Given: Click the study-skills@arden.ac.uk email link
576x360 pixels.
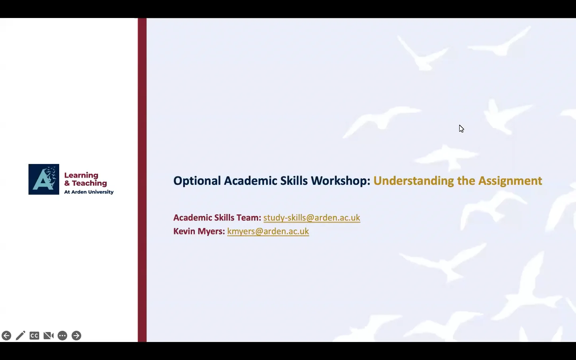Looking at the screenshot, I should [312, 218].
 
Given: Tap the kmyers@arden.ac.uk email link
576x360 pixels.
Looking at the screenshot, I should [268, 231].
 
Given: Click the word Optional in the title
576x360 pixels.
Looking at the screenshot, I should [197, 181].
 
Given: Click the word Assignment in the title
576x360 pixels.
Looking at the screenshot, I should [510, 181].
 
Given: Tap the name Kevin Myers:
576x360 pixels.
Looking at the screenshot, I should [199, 231].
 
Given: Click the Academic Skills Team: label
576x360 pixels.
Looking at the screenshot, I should [217, 218].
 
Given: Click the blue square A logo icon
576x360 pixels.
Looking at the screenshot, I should [44, 179].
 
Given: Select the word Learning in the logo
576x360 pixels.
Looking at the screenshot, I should [81, 175].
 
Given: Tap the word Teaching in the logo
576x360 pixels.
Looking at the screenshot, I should [89, 183].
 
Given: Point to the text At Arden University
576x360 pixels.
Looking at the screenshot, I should [89, 192].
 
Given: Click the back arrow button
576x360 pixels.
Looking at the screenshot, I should [6, 336].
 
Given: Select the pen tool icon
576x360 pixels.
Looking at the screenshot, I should [20, 336].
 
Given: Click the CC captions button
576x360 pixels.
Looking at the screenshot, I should [34, 336].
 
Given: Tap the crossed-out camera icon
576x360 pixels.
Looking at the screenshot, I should [48, 336].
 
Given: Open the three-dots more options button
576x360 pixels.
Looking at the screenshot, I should [62, 336].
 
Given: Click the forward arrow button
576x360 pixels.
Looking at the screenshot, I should [76, 336].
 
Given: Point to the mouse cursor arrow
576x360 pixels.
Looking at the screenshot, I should [461, 128].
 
